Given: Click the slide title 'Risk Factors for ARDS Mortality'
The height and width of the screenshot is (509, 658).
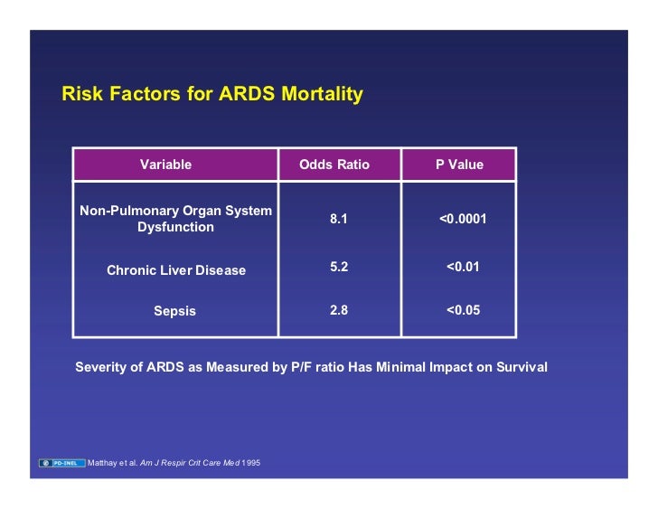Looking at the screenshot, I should [x=211, y=94].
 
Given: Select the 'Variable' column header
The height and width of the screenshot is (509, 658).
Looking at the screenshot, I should [x=165, y=165].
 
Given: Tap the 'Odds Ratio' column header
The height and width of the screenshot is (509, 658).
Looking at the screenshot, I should [x=334, y=165].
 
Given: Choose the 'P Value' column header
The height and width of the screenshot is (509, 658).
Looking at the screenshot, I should [x=459, y=165].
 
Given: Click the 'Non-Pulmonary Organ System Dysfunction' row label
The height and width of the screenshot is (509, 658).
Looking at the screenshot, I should [x=175, y=219].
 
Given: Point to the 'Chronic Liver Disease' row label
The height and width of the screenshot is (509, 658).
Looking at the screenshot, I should [x=175, y=270].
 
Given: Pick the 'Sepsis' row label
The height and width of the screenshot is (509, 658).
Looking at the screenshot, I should [x=174, y=311].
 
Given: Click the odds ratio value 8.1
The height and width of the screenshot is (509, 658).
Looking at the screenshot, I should [x=339, y=219].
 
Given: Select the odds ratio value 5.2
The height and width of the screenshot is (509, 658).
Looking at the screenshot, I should [x=339, y=268].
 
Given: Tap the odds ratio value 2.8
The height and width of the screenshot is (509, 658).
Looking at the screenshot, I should [x=339, y=309].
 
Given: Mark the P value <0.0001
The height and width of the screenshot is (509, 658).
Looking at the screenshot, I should [x=463, y=219].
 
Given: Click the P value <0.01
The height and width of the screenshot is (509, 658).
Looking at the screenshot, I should [x=463, y=268].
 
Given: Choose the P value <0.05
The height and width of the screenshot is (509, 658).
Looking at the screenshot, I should [x=463, y=309].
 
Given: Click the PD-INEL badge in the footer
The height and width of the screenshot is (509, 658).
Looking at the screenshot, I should [x=61, y=464].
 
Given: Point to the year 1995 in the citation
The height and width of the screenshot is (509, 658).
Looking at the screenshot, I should [x=252, y=464].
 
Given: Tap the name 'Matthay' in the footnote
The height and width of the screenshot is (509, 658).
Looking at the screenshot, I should [x=103, y=464].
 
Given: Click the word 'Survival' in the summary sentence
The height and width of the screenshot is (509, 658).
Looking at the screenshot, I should [x=519, y=367].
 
